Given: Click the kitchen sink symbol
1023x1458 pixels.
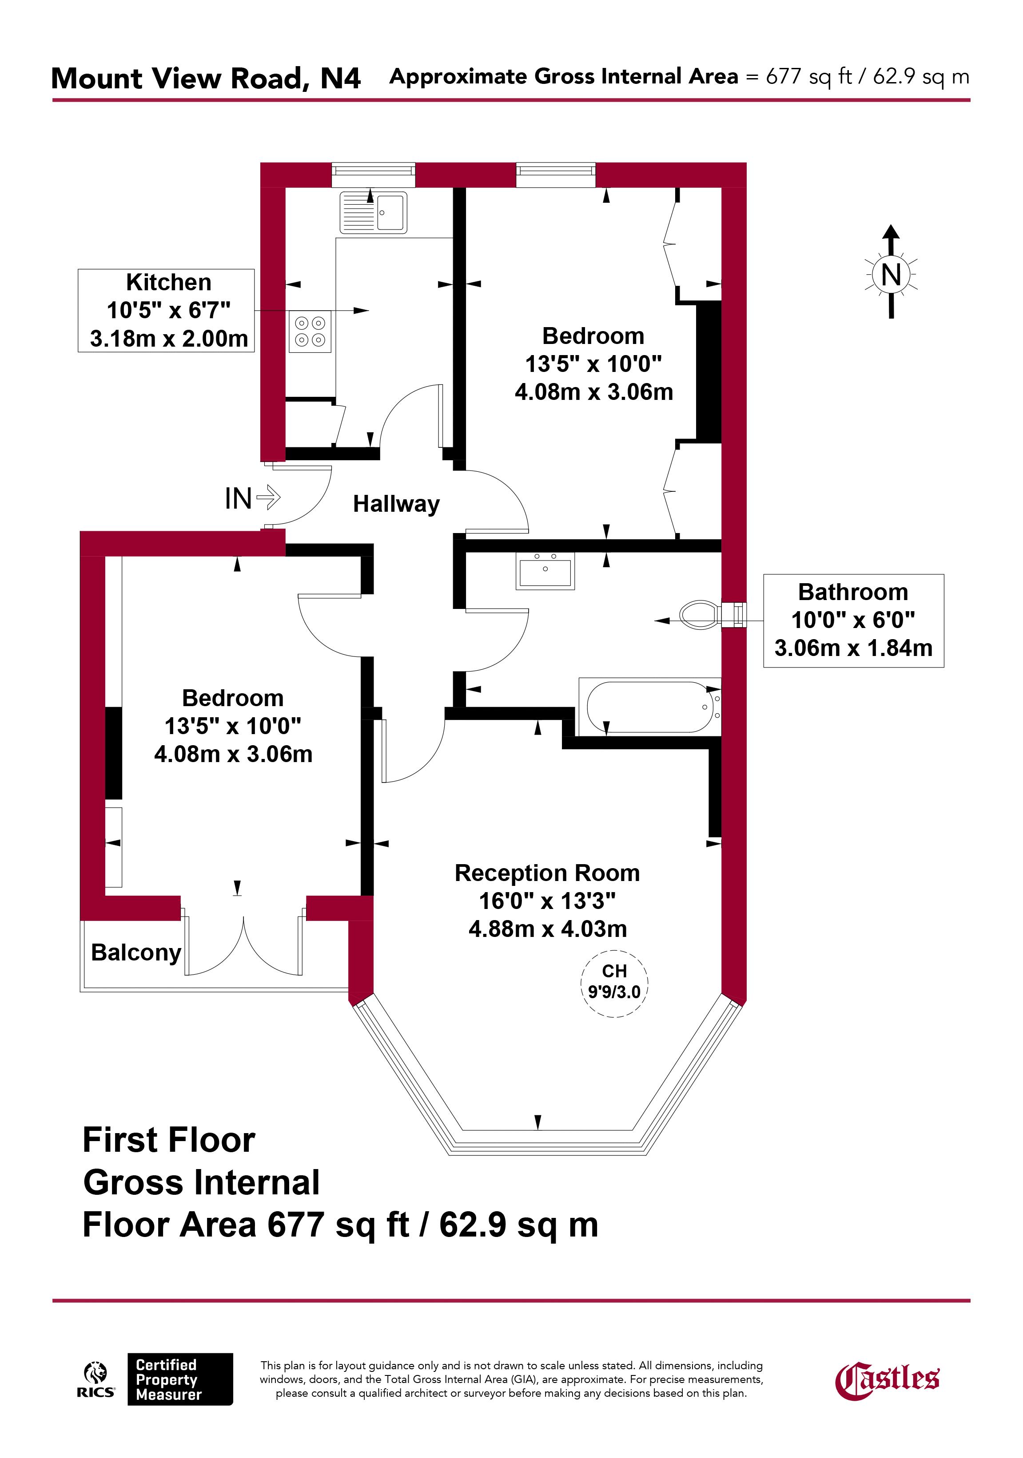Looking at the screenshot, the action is coord(373,212).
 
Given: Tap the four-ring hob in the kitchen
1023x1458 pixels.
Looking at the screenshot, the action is coord(310,332).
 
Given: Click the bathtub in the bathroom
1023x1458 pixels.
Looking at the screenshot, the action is coord(650,707).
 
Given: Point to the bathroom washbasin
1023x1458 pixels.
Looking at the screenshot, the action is coord(545,571).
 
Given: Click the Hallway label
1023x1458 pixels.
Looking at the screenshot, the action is coord(397,504).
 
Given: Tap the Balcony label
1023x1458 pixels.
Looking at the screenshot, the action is coord(136,952).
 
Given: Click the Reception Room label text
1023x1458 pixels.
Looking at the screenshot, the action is coord(547,873).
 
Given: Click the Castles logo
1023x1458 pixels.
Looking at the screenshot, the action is coord(887,1380).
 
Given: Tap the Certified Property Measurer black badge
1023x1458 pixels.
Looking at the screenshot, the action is coord(180,1379).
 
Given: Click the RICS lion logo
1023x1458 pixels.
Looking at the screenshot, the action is coord(96,1380).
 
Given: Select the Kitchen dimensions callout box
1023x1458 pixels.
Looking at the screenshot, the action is coord(166,311).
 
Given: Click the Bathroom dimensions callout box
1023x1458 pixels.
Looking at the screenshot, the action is coord(853,620).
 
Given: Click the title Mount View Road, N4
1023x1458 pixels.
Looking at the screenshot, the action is coord(206,78).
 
